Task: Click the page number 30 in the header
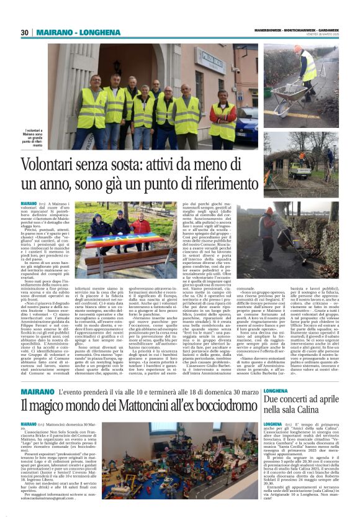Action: (x=25, y=32)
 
